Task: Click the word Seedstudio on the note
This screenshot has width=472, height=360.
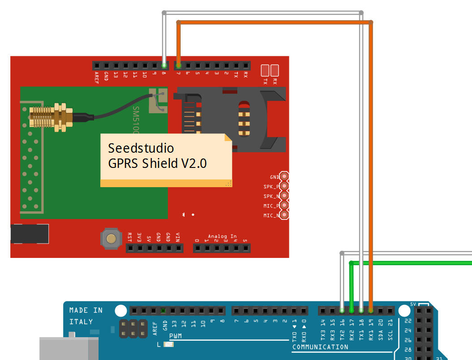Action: tap(141, 148)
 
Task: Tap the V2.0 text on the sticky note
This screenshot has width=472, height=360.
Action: tap(193, 163)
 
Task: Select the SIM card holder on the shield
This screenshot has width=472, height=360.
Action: tap(231, 119)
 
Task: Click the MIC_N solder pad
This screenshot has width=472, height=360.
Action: tap(283, 215)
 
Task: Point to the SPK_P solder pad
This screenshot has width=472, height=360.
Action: tap(283, 186)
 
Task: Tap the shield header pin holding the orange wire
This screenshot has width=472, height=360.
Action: tap(178, 65)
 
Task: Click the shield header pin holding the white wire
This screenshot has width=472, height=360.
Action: tap(164, 65)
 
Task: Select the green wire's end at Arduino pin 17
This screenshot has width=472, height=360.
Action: tap(352, 310)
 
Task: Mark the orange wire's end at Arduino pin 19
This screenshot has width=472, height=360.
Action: tap(371, 310)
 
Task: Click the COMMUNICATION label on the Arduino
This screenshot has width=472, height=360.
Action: tap(320, 347)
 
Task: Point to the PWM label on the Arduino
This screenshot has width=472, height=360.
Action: tap(175, 336)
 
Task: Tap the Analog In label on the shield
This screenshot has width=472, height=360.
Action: tap(222, 236)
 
